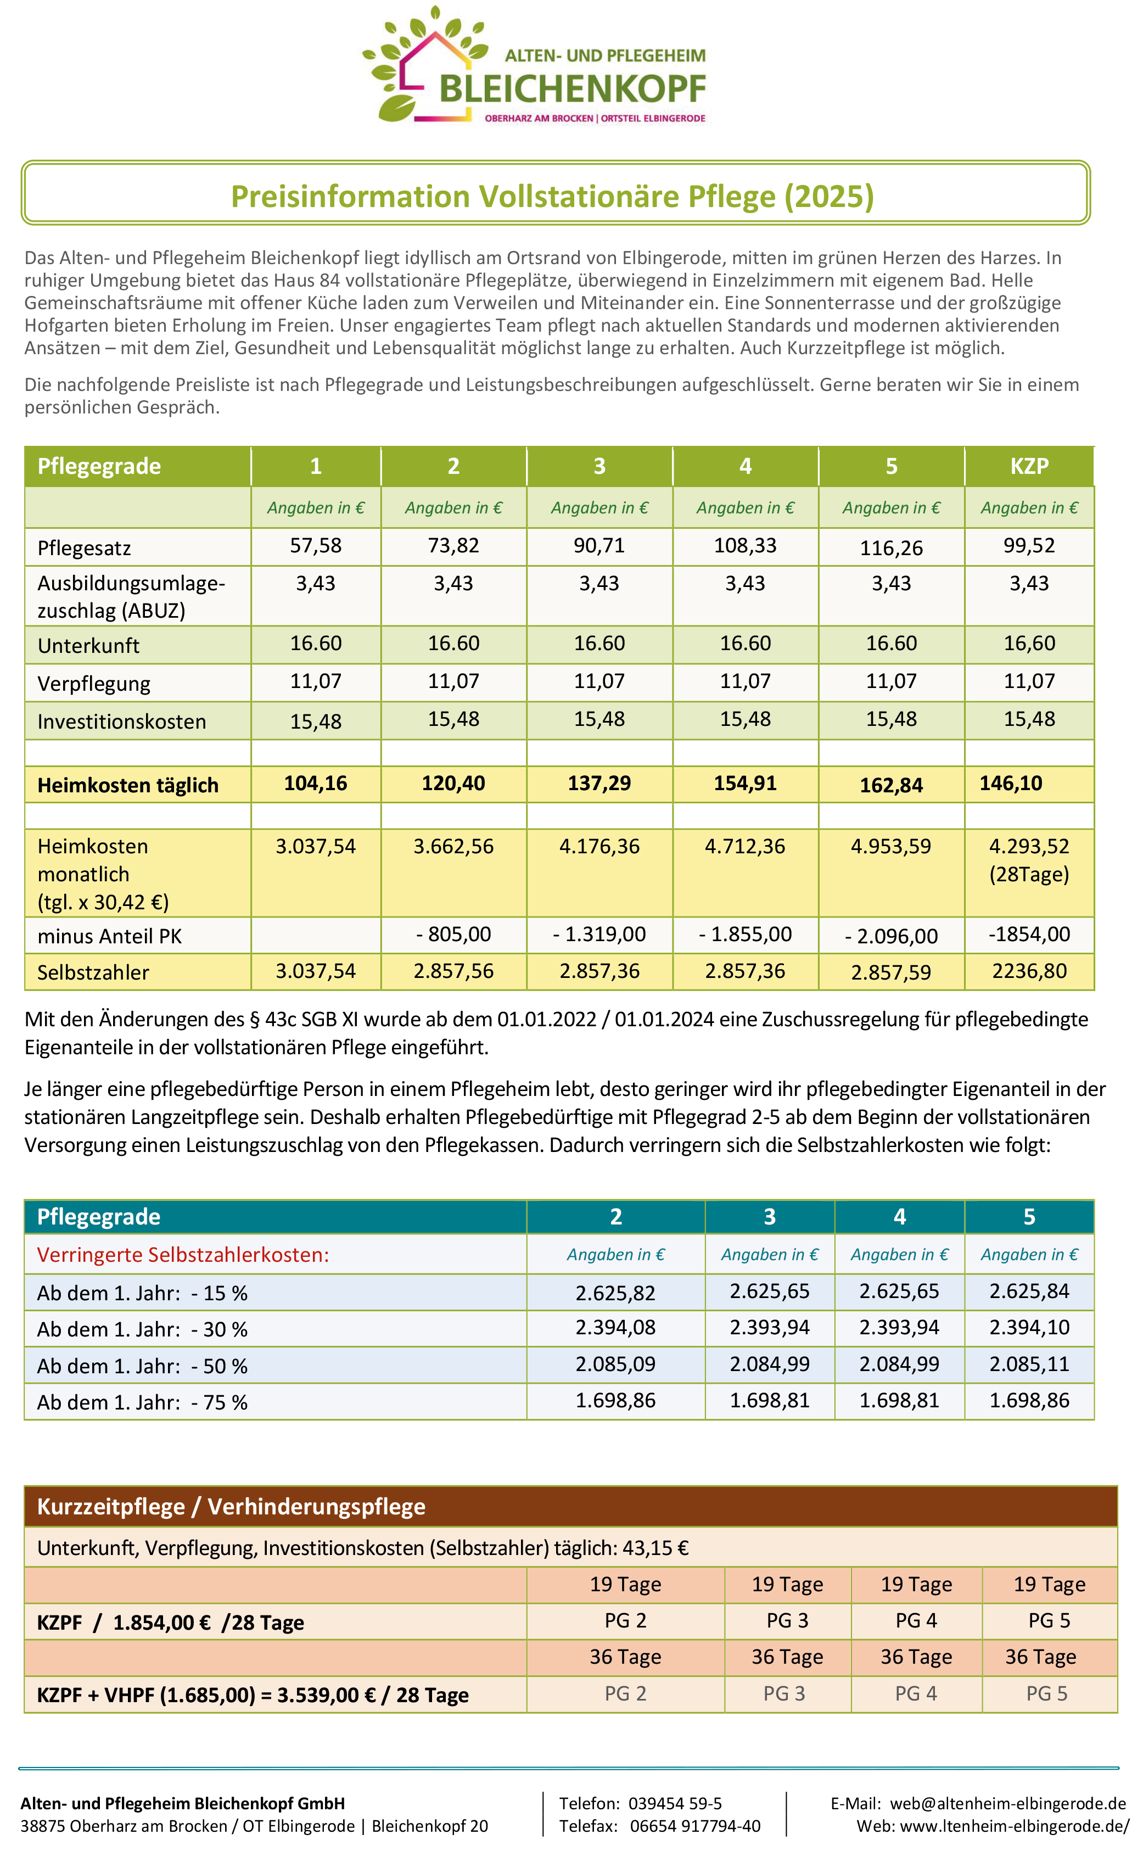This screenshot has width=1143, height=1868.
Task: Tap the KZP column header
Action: tap(1029, 466)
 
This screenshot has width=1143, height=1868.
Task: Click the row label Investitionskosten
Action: tap(121, 721)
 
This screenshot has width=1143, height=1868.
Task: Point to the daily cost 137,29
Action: tap(599, 783)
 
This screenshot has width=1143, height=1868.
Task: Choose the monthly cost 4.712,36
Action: tap(744, 846)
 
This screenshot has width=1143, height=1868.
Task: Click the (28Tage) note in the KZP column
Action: tap(1029, 874)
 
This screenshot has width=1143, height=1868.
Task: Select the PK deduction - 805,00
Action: tap(453, 934)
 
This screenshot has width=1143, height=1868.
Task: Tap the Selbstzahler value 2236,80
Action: tap(1029, 971)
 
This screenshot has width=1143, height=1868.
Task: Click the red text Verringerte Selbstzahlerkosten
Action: tap(183, 1255)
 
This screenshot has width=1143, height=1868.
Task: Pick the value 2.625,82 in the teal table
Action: tap(615, 1293)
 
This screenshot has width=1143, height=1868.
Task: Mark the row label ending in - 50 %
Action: tap(143, 1366)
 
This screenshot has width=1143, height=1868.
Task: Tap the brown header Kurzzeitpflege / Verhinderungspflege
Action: tap(231, 1506)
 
